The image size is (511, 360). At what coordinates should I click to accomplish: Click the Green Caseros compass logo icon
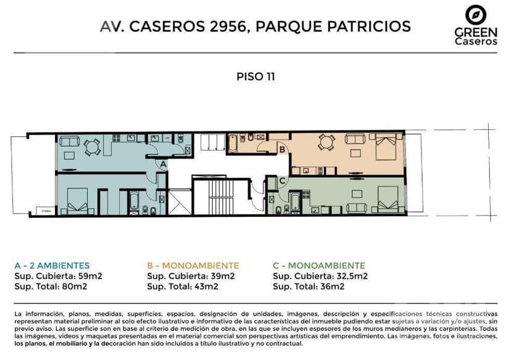(x=475, y=14)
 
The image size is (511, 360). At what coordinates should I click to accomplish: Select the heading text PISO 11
(x=255, y=77)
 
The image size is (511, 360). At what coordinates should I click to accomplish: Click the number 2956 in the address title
(x=227, y=27)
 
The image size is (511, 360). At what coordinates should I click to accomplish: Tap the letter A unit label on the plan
(x=162, y=165)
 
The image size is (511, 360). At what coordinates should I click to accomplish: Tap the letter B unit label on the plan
(x=282, y=149)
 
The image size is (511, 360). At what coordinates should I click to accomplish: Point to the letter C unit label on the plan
(x=282, y=180)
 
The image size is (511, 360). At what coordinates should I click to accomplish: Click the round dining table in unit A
(x=92, y=147)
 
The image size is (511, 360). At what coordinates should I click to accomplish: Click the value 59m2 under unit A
(x=88, y=276)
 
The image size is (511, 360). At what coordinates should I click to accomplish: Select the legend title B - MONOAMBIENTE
(x=193, y=266)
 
